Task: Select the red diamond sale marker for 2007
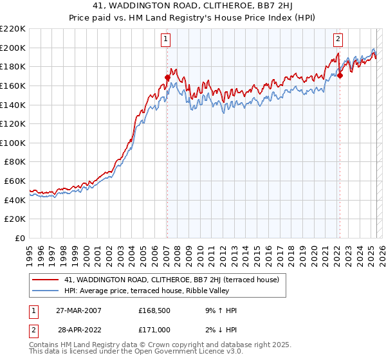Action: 167,78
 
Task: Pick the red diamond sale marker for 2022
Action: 340,75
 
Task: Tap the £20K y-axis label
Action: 15,219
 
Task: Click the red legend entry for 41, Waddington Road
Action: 171,280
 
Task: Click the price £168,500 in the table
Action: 153,310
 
